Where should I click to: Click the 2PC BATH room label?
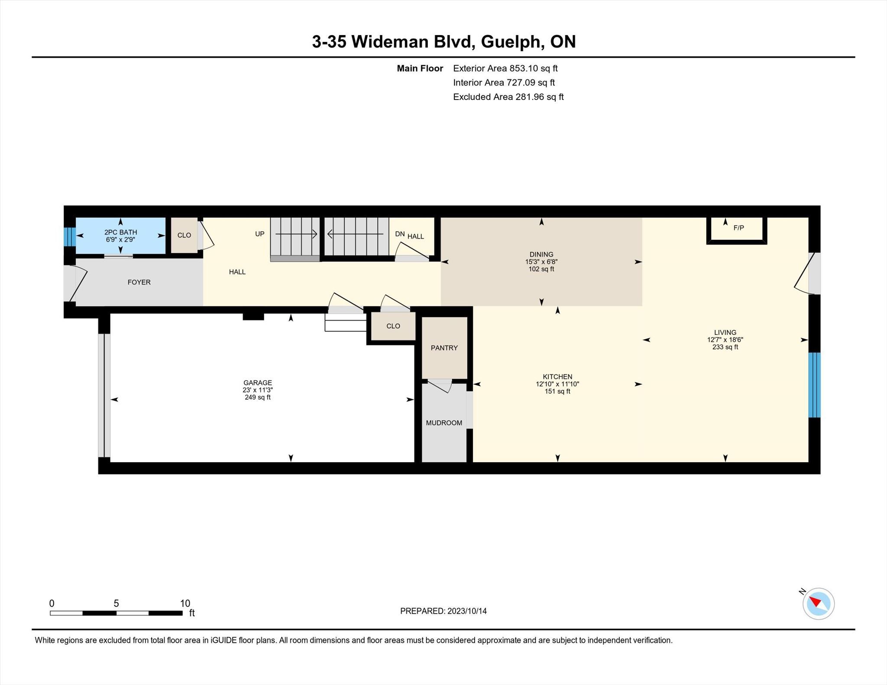click(x=120, y=232)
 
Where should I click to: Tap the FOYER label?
click(x=139, y=282)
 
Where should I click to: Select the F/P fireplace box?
click(x=737, y=230)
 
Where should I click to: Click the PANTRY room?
click(x=444, y=348)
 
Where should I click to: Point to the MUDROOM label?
click(x=444, y=423)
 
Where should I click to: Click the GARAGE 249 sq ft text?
click(x=258, y=397)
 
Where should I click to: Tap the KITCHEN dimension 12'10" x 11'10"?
click(x=557, y=384)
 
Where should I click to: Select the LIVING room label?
click(x=725, y=333)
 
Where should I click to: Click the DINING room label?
click(x=541, y=254)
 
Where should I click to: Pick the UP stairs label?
click(x=259, y=234)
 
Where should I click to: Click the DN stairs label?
click(x=400, y=234)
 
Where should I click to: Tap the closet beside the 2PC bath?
click(x=184, y=235)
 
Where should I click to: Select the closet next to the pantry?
click(x=393, y=326)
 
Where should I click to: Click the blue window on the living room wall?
click(x=815, y=385)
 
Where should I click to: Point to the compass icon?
click(x=819, y=604)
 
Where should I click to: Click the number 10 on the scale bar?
click(x=185, y=603)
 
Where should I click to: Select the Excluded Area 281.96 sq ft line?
click(x=508, y=97)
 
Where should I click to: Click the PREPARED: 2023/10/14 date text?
click(x=443, y=611)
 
